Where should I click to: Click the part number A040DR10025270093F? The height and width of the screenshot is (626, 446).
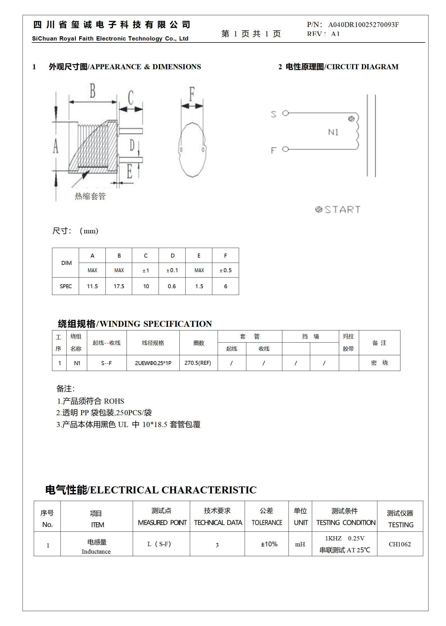363,25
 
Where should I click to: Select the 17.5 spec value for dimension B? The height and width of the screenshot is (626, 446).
119,286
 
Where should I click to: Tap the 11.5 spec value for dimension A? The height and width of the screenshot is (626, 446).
92,286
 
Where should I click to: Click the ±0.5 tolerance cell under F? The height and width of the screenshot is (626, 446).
226,270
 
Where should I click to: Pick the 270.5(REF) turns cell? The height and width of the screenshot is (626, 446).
198,363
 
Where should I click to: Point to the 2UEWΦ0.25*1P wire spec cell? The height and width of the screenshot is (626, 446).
153,363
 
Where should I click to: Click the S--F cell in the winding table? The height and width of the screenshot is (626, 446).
106,363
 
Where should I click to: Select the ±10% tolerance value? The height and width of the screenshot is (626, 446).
269,544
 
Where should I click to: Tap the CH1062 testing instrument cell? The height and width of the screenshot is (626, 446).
400,544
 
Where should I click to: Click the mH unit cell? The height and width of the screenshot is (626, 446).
300,544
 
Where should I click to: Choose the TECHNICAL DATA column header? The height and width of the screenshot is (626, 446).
218,522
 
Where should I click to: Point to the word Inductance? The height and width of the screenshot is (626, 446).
96,551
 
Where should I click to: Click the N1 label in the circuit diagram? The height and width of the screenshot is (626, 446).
333,132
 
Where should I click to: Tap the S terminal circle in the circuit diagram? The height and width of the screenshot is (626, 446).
285,113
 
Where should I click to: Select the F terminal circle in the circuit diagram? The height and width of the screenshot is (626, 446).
285,149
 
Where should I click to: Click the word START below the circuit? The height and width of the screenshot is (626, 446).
342,209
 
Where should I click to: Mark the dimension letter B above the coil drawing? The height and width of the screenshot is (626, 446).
93,91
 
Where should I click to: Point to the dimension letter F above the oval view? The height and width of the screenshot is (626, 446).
192,94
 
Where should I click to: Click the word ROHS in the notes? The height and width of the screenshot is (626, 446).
114,401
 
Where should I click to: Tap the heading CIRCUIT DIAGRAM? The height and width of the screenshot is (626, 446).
362,67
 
